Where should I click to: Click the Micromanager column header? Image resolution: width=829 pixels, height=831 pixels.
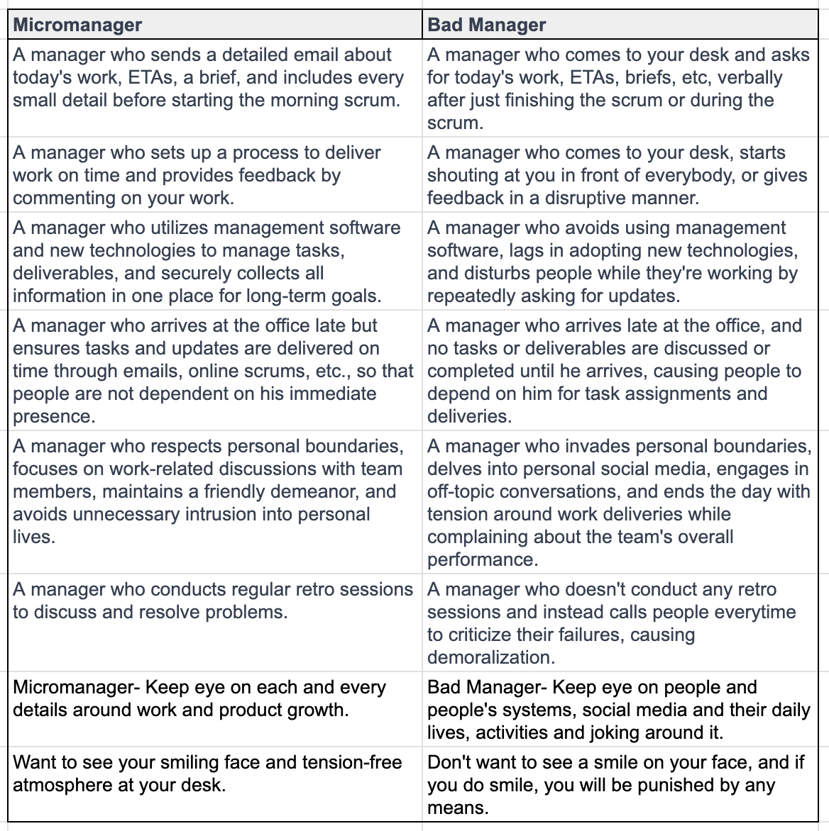(x=77, y=25)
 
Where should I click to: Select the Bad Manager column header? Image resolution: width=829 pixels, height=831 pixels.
(x=486, y=25)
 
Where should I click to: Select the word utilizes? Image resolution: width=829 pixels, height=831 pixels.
(x=176, y=228)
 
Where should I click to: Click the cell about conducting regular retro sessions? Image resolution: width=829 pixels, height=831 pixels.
(x=213, y=601)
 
